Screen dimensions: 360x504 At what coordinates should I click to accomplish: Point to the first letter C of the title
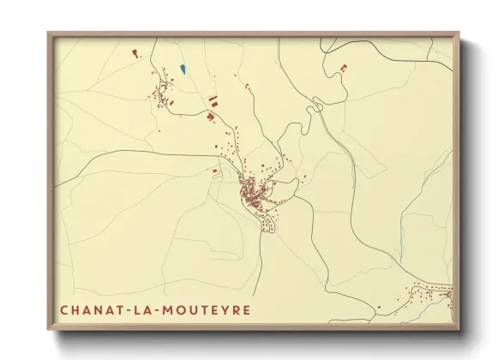point(64,309)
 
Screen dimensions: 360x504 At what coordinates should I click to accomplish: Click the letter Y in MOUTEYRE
point(226,309)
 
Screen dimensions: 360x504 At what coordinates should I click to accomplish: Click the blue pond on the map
point(183,69)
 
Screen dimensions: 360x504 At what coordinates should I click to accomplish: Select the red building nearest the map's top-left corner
point(135,53)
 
